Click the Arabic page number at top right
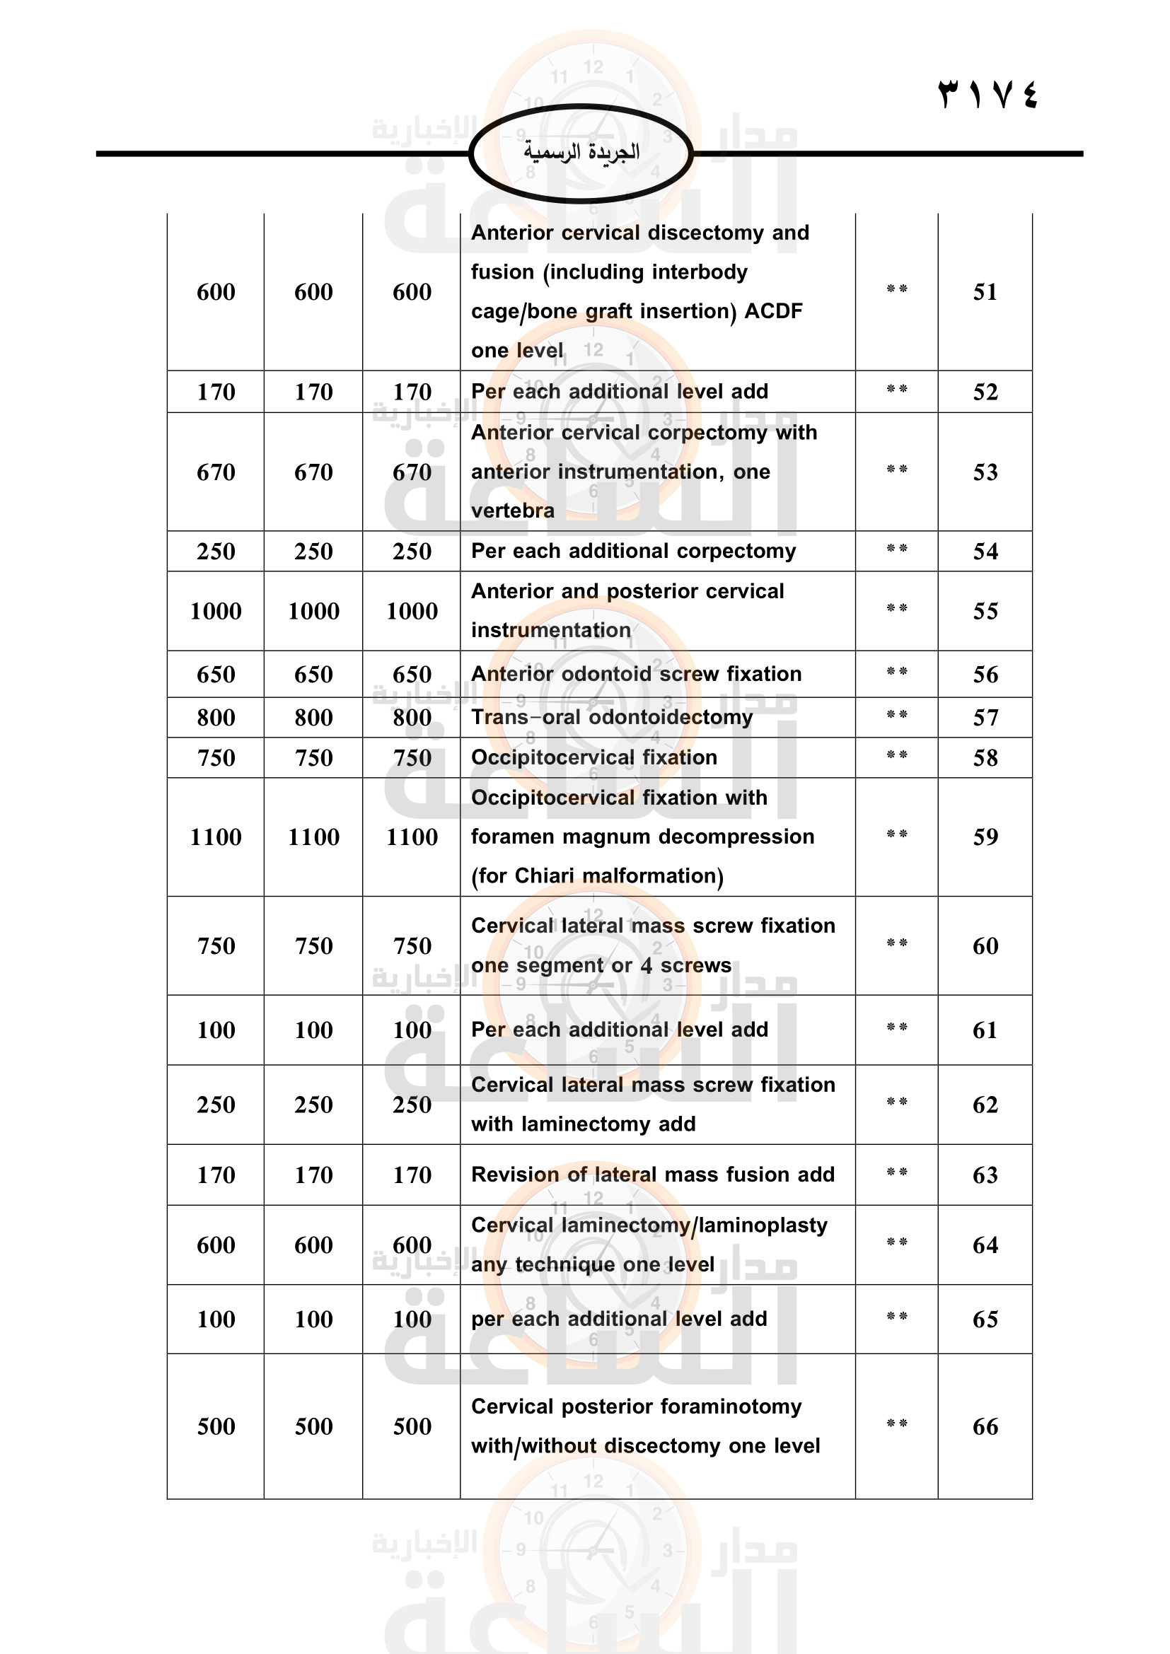(987, 94)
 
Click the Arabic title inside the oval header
(581, 152)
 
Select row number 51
(985, 292)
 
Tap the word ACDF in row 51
(773, 311)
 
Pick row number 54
(985, 551)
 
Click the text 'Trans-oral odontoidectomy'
(612, 717)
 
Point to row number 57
(985, 718)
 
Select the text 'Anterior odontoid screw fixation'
(636, 674)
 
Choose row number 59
(985, 837)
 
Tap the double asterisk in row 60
(896, 943)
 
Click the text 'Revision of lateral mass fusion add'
(653, 1175)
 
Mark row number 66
(985, 1426)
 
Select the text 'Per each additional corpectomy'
(633, 551)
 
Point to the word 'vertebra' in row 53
(513, 511)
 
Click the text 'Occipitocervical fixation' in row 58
(593, 757)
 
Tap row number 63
(985, 1175)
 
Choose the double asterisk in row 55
(896, 608)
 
